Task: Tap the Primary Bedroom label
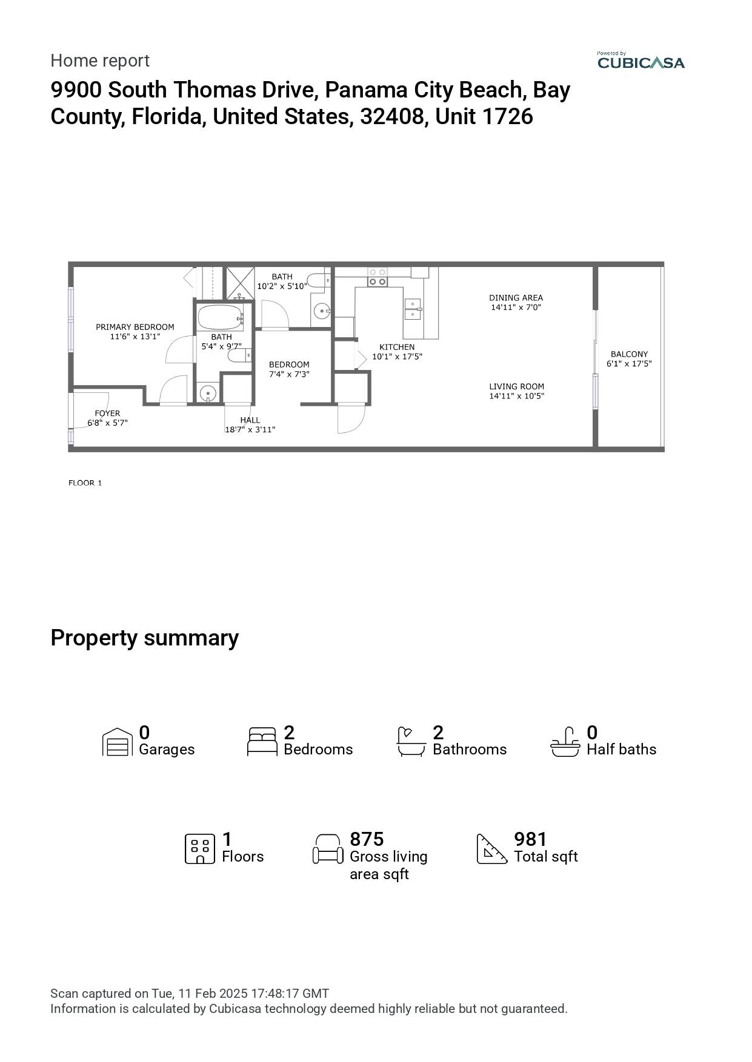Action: coord(135,327)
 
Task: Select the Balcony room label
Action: coord(629,354)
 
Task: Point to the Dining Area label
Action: coord(516,298)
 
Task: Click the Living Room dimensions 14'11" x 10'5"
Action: coord(516,397)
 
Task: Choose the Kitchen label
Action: coord(397,347)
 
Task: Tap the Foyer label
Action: coord(107,414)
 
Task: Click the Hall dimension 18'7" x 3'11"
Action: coord(250,430)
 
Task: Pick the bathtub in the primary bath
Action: coord(219,316)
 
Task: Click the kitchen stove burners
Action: coord(377,277)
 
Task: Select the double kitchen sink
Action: coord(413,308)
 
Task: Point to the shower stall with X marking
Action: coord(240,283)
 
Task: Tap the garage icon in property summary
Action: coord(118,742)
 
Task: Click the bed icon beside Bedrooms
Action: coord(262,742)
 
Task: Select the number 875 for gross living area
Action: coord(367,839)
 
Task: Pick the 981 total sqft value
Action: coord(530,839)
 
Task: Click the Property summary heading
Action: coord(144,638)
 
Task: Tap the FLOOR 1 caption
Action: coord(85,483)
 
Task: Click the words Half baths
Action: coord(621,750)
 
